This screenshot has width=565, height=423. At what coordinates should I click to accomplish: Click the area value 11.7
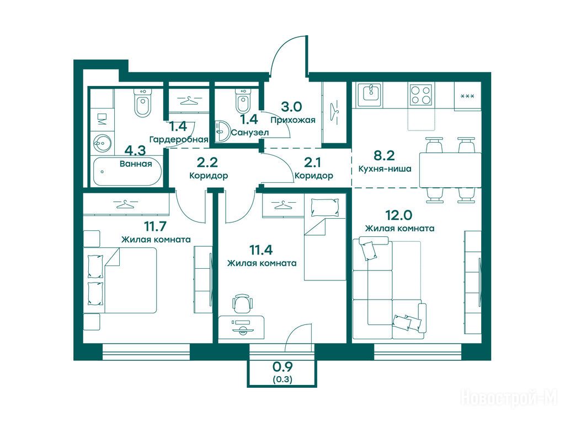(155, 226)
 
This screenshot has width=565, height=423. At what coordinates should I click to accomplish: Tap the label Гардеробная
(179, 139)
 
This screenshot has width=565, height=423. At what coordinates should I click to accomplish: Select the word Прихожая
(293, 120)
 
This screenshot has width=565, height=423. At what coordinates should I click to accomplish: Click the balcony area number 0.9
(282, 366)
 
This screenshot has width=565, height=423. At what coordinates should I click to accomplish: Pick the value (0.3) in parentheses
(282, 379)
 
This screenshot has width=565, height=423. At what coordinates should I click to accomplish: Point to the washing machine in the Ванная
(102, 119)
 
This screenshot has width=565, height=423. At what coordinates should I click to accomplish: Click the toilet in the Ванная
(143, 102)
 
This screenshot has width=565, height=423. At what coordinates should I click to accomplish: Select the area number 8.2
(384, 155)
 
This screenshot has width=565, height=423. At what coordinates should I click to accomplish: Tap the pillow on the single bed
(324, 208)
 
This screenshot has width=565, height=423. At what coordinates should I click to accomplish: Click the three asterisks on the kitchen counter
(467, 96)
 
